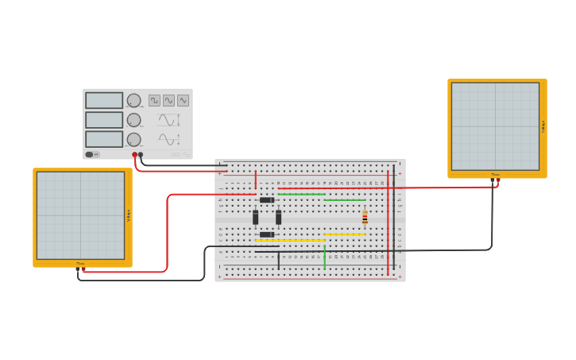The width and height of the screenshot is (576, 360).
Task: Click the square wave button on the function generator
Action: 154,100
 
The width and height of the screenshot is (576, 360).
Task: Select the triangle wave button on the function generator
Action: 183,100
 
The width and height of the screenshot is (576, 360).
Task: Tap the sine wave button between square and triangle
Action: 168,100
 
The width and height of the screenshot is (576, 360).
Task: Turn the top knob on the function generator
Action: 133,100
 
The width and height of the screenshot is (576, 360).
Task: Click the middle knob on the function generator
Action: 133,120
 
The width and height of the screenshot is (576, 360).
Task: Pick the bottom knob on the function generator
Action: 133,139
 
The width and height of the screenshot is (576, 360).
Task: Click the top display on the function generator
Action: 104,100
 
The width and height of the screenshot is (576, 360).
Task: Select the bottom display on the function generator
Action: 104,139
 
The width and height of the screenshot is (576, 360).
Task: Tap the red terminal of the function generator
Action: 135,154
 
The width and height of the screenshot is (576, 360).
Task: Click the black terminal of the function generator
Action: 141,154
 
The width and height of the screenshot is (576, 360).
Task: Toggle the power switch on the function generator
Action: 90,154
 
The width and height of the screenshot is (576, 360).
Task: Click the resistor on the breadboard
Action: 365,217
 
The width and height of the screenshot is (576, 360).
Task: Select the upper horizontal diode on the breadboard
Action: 267,199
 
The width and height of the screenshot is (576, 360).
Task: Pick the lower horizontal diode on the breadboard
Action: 267,234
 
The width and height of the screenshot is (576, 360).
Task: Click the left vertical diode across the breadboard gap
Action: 256,217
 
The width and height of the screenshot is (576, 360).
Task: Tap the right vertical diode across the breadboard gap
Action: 278,217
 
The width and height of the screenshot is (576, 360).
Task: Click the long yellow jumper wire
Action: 290,240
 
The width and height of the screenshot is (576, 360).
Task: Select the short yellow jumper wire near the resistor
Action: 344,234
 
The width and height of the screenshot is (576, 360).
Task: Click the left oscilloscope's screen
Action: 80,215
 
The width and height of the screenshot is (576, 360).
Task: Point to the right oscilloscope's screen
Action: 495,126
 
